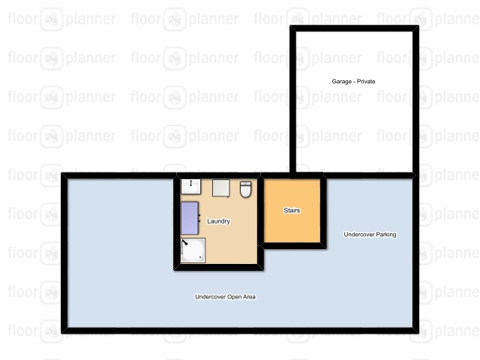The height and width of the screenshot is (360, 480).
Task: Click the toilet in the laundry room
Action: [245, 190]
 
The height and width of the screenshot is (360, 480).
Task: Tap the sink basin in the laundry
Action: [190, 187]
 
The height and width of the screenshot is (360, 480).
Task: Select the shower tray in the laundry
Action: [193, 250]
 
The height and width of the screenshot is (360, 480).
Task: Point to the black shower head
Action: [184, 242]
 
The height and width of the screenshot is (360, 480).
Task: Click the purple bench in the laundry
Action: [190, 218]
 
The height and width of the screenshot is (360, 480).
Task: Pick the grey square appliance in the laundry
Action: [221, 187]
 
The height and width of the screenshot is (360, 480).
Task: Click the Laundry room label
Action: [218, 221]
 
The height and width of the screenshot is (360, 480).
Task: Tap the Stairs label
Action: [292, 210]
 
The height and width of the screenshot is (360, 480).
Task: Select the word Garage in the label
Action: [342, 82]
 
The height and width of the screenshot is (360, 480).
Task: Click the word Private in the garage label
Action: [366, 82]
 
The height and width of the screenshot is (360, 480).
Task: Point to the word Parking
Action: [386, 235]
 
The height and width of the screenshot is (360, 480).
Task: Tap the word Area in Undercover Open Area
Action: [249, 297]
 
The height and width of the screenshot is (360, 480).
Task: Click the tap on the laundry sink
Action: [190, 183]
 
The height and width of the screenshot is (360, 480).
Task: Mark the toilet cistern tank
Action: [245, 183]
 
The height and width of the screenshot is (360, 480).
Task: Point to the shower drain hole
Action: [200, 258]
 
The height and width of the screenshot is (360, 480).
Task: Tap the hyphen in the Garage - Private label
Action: [354, 82]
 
